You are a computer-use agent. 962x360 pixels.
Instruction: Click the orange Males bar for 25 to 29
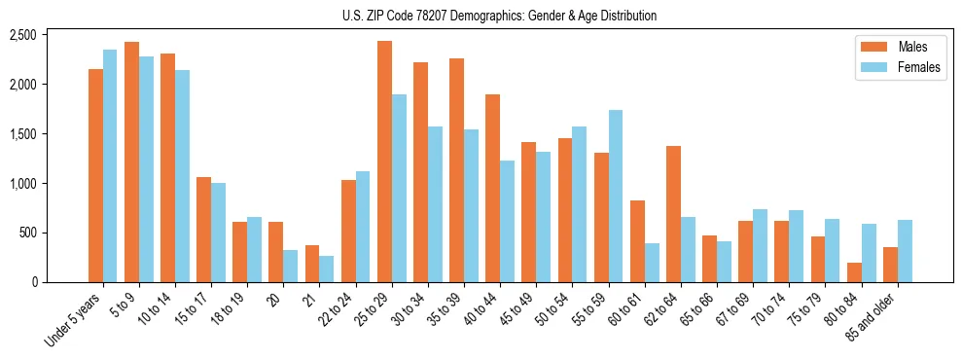tap(384, 162)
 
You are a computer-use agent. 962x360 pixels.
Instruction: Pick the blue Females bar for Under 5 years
tap(110, 165)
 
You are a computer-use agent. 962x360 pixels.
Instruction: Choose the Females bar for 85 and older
tap(905, 251)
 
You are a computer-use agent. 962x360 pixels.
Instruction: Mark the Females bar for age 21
tap(327, 269)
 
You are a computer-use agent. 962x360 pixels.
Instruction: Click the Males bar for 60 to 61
tap(637, 241)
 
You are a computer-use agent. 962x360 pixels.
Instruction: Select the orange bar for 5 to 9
tap(131, 162)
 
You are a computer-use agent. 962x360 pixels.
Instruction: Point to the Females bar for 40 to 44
tap(507, 221)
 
